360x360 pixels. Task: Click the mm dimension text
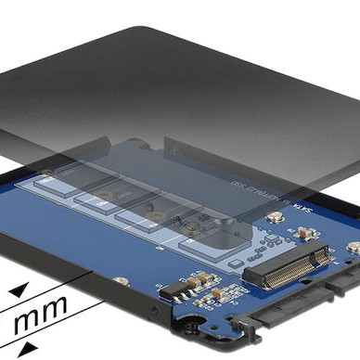point(38,313)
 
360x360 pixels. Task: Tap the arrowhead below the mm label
point(29,348)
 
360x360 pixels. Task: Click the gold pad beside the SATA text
point(275,217)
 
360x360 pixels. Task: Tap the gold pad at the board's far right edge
point(353,247)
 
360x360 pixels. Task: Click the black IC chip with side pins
point(176,292)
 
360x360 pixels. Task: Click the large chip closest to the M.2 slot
point(209,243)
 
